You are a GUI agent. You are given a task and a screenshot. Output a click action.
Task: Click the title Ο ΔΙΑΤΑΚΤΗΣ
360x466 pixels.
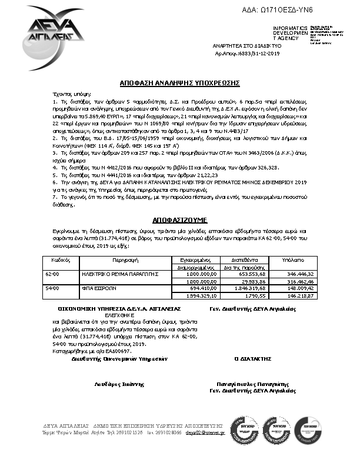[252, 358]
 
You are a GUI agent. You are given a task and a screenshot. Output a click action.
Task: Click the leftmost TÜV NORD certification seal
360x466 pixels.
[242, 430]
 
